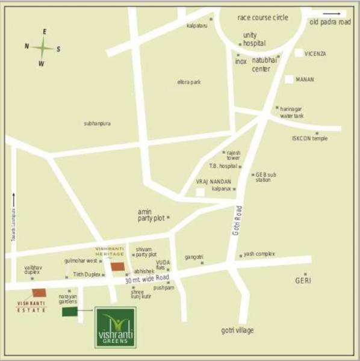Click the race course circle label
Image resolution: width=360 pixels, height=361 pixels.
tap(263, 17)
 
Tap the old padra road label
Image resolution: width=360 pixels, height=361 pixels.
tap(330, 22)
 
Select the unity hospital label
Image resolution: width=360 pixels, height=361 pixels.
tap(254, 39)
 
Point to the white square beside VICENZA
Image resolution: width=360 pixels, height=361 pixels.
tap(299, 53)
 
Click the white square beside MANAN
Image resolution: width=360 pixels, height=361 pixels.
tap(290, 79)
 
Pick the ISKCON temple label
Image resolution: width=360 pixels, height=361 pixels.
tap(310, 138)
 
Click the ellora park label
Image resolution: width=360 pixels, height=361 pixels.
tap(189, 82)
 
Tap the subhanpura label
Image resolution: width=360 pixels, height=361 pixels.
tap(97, 123)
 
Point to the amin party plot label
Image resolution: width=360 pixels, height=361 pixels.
tap(151, 215)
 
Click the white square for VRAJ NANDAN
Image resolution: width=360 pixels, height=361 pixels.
tap(200, 191)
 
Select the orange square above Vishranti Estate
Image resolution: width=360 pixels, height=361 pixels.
tap(39, 292)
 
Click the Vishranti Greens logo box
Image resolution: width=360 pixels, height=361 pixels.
tap(116, 327)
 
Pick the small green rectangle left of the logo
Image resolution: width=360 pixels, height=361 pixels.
tap(70, 312)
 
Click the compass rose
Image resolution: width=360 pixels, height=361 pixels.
tap(43, 46)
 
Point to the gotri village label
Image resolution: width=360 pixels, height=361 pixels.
tap(237, 330)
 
